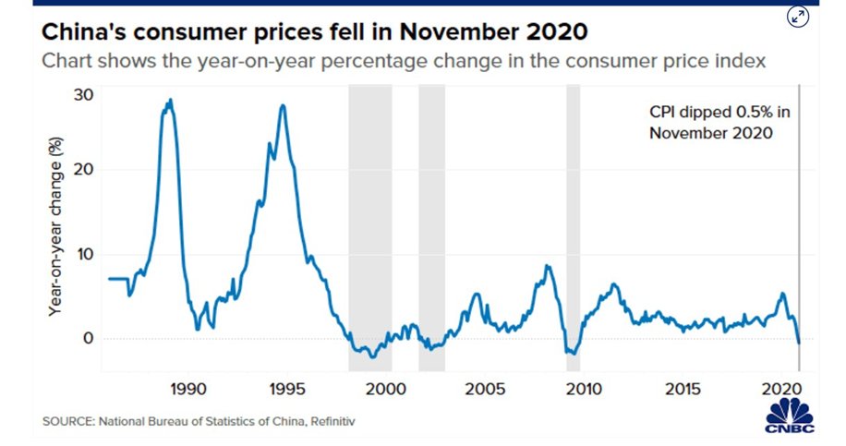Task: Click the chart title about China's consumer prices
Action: [314, 33]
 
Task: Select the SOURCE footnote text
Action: [199, 422]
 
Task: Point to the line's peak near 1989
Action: [170, 100]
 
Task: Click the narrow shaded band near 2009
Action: [573, 226]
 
